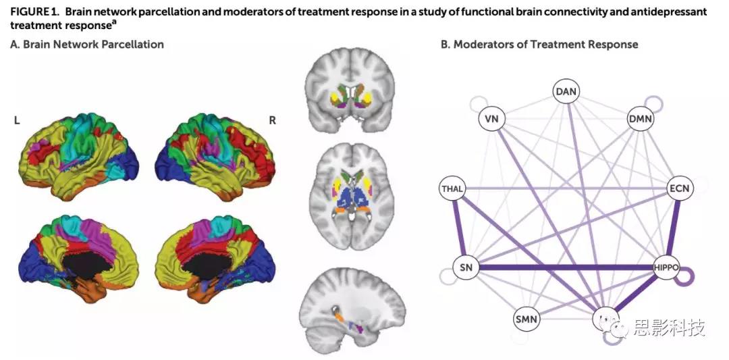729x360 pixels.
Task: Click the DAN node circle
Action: (567, 91)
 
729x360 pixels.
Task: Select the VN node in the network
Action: (491, 120)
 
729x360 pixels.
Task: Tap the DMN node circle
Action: (641, 120)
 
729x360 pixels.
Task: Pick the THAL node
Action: (451, 188)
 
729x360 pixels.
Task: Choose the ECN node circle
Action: (679, 188)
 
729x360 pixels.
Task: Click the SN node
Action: (464, 267)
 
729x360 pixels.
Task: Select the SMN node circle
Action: (526, 318)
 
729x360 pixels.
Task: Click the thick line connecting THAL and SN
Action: (458, 228)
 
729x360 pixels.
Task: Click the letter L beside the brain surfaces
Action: (16, 120)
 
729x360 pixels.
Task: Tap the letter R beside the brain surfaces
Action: (273, 120)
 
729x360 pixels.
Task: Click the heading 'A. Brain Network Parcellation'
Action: (87, 45)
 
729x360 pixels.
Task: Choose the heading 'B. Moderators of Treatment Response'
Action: (539, 45)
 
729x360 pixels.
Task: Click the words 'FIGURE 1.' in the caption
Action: (33, 12)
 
